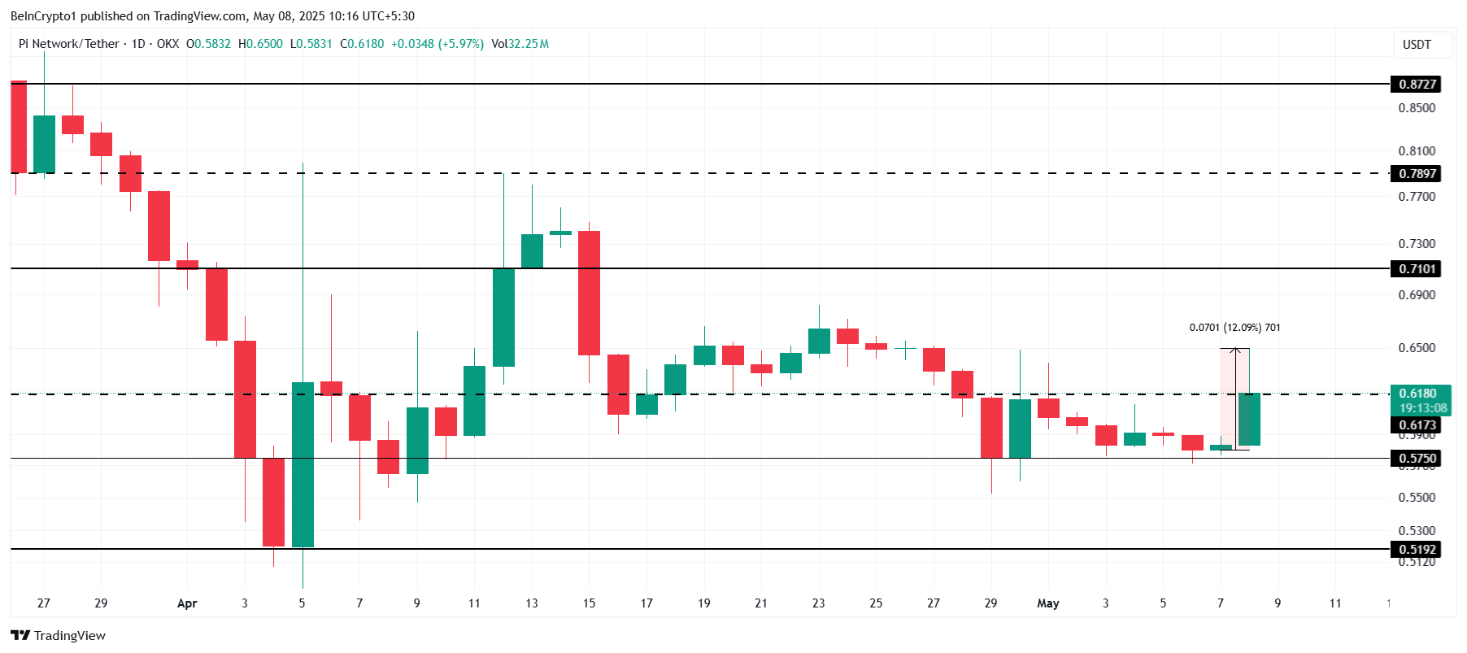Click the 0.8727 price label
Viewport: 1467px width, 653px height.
[x=1416, y=85]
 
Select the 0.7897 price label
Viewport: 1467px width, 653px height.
[x=1416, y=174]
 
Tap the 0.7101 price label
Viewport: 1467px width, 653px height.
[x=1416, y=269]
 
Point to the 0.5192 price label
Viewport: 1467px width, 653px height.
[x=1416, y=550]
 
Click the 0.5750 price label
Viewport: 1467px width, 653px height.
[x=1416, y=459]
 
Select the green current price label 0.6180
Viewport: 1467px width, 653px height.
[x=1417, y=394]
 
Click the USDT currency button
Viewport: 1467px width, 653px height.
[x=1417, y=45]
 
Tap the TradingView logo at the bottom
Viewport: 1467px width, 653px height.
[x=59, y=635]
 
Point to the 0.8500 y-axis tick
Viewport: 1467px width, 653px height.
[x=1417, y=108]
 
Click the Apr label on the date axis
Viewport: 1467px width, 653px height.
[x=187, y=603]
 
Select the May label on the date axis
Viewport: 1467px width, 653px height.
[x=1047, y=603]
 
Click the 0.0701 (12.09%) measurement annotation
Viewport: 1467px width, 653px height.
[x=1234, y=328]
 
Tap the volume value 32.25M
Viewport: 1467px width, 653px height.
[x=529, y=44]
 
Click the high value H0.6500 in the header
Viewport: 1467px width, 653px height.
[x=260, y=44]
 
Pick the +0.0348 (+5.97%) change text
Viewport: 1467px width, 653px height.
[x=437, y=44]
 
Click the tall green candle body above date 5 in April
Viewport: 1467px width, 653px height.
[x=303, y=464]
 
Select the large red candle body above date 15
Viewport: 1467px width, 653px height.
[x=589, y=293]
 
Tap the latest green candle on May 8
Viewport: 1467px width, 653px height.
[x=1249, y=419]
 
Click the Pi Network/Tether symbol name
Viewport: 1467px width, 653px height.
[x=69, y=44]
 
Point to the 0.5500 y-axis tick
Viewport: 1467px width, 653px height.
[x=1417, y=498]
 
